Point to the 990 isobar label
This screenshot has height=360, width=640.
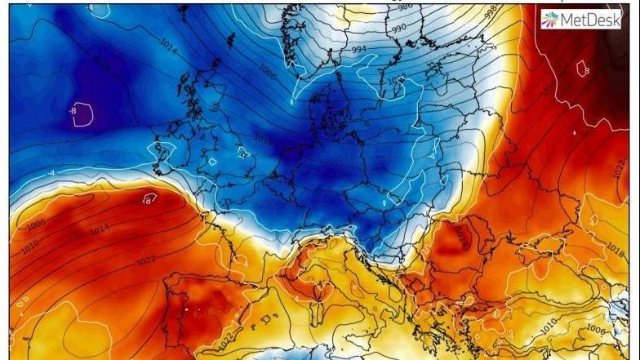click(398, 29)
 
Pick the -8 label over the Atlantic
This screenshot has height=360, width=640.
click(73, 109)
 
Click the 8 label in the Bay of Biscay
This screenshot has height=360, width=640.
click(149, 198)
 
